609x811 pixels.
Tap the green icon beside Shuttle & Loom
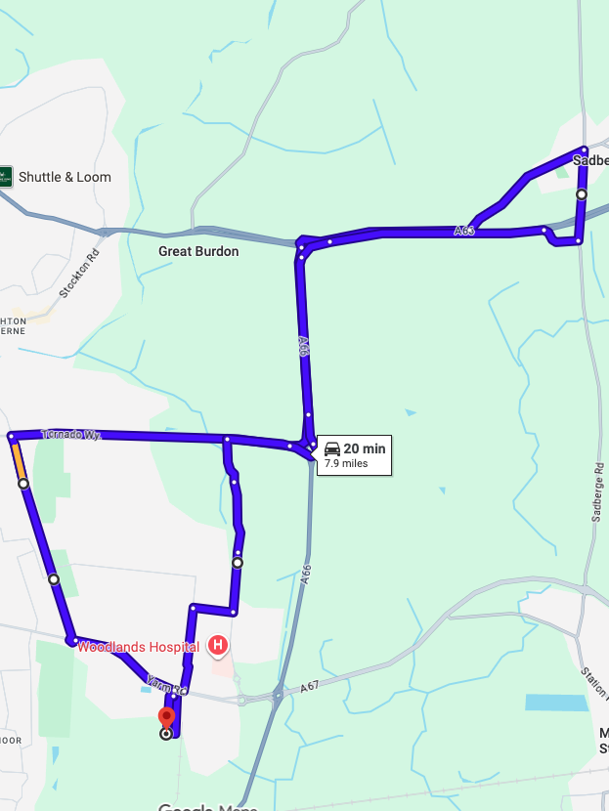coord(7,177)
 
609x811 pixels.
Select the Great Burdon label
coord(198,251)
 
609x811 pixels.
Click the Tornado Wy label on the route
coord(71,434)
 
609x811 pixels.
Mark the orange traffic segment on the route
coord(18,460)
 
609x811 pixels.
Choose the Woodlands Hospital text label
coord(139,646)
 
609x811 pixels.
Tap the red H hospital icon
coord(218,646)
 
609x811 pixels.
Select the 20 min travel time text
coord(365,448)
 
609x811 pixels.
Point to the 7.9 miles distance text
coord(346,463)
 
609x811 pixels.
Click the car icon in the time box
coord(331,448)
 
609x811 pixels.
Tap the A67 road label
coord(309,687)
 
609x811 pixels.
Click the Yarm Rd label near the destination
coord(165,684)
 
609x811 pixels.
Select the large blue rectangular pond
coord(556,702)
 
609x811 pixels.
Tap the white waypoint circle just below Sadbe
coord(582,194)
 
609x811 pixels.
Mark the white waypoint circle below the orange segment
coord(22,484)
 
